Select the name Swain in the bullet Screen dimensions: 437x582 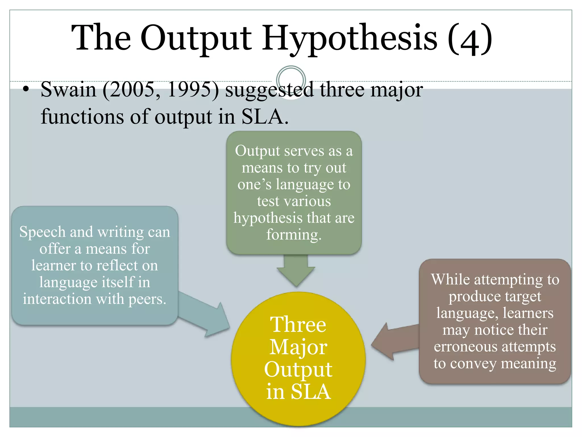pos(68,90)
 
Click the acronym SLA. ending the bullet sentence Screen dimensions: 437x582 pos(265,117)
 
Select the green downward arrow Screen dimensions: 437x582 pos(296,270)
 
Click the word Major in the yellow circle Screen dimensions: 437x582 pos(298,347)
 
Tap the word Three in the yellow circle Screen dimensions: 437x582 pos(298,325)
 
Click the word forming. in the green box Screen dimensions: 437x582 pos(294,235)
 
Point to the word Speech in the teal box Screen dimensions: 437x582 pos(42,232)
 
